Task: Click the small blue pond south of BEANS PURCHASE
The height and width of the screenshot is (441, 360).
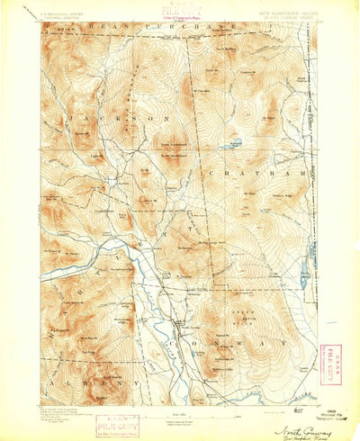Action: (x=235, y=142)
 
